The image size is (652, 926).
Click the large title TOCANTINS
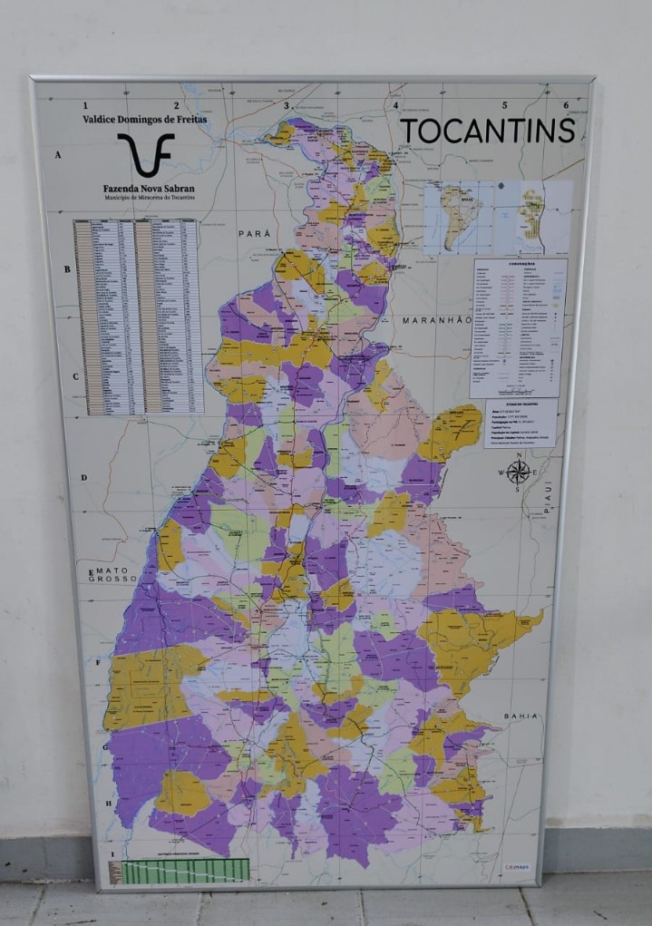click(488, 131)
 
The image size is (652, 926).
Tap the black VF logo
click(145, 155)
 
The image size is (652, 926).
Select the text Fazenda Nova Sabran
click(148, 189)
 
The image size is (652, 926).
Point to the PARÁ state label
click(255, 234)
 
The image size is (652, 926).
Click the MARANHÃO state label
click(438, 320)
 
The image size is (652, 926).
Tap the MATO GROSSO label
click(112, 575)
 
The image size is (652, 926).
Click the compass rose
click(518, 472)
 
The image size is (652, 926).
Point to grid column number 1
click(85, 105)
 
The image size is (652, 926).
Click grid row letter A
click(57, 155)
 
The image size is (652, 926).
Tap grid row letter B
click(66, 269)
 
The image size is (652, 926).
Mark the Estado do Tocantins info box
click(521, 423)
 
